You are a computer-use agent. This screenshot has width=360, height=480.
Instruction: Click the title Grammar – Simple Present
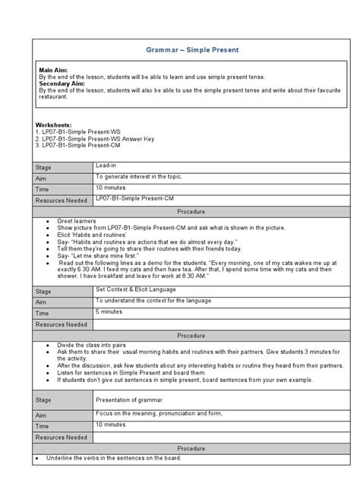181,49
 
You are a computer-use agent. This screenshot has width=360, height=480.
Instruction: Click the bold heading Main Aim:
55,69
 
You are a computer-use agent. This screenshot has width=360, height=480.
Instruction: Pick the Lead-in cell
107,164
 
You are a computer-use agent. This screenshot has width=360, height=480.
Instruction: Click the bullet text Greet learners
76,220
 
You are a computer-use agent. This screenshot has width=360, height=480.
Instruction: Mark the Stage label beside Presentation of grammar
47,402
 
